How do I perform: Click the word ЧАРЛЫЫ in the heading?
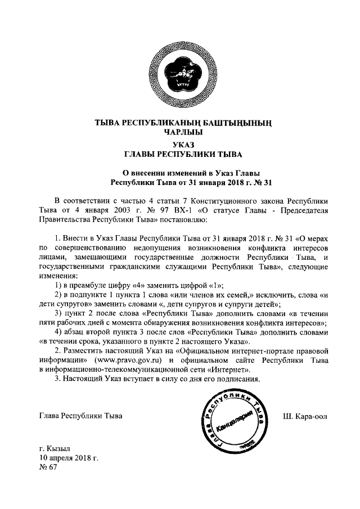click(x=179, y=132)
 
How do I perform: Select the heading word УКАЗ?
click(x=179, y=145)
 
